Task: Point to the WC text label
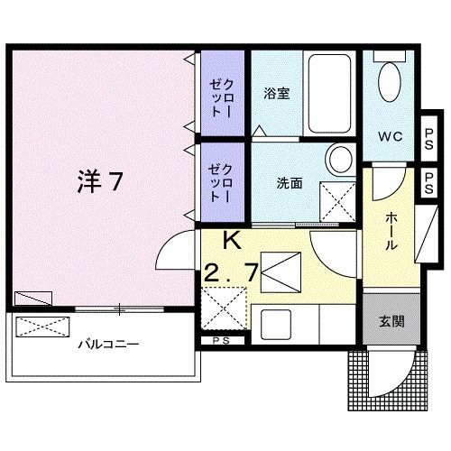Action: (390, 137)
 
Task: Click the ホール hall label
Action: (394, 233)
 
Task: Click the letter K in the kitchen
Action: (232, 241)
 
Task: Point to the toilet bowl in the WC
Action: (391, 83)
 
